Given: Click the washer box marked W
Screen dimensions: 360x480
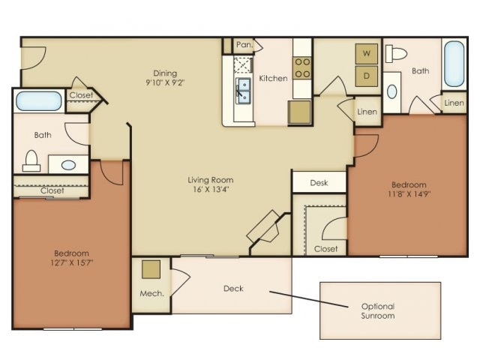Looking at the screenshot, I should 367,54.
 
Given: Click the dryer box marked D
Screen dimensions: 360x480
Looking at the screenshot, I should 367,76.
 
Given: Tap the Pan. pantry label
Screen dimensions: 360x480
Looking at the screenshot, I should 244,46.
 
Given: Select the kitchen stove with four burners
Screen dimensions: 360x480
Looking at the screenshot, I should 302,68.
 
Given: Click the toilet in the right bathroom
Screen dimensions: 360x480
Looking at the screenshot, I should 395,53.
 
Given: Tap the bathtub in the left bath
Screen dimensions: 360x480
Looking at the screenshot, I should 39,100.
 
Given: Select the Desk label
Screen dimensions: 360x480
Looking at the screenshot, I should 319,182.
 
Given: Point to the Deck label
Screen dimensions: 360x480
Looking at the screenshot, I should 232,289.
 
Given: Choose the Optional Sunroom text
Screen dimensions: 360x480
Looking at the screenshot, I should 378,311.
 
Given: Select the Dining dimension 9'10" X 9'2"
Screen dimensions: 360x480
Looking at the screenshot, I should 165,83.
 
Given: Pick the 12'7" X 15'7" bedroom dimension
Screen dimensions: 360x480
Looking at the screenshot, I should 71,263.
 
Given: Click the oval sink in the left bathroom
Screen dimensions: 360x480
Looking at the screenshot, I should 69,164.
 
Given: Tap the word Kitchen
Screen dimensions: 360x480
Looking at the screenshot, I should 273,78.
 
